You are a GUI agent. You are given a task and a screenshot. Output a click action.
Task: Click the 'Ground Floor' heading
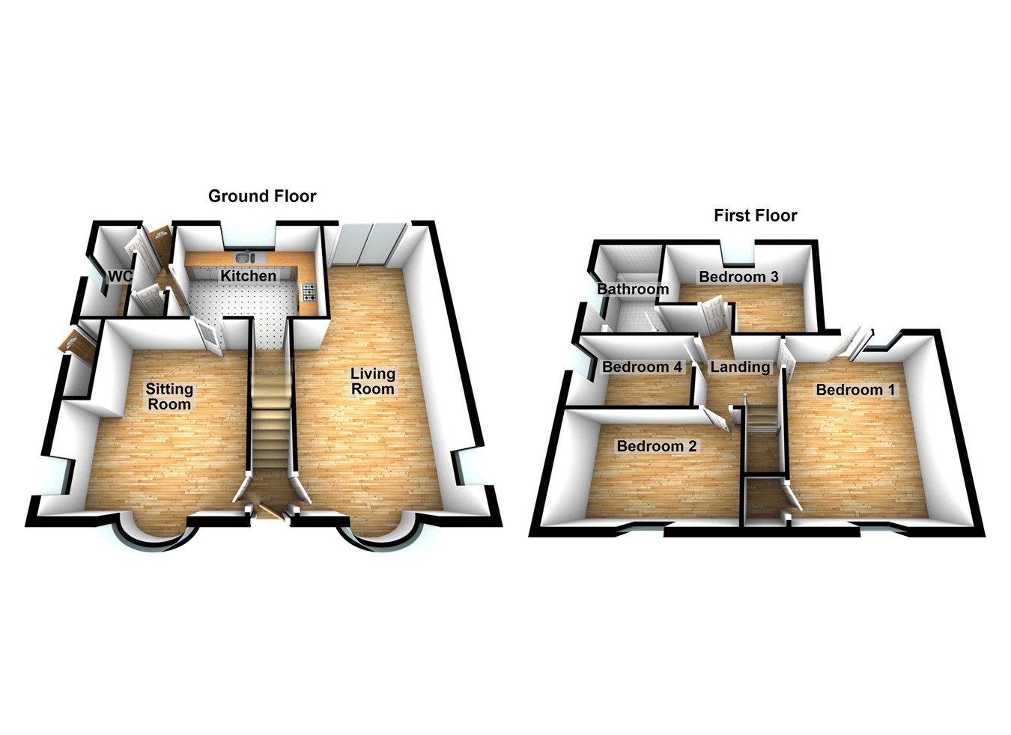(x=262, y=196)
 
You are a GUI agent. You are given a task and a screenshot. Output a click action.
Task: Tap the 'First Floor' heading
(x=755, y=216)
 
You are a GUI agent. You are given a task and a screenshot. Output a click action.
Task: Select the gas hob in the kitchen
(x=309, y=292)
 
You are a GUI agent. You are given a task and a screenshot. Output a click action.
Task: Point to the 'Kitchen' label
(x=248, y=276)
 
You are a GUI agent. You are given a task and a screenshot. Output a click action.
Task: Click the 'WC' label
(x=120, y=276)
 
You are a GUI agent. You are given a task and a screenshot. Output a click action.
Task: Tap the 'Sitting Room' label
(x=169, y=396)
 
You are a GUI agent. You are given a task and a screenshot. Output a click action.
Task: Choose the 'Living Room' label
(x=373, y=381)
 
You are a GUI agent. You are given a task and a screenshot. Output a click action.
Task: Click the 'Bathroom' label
(x=632, y=289)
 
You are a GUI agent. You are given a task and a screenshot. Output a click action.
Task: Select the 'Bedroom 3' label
(x=738, y=277)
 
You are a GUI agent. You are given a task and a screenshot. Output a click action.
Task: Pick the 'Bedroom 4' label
(x=642, y=367)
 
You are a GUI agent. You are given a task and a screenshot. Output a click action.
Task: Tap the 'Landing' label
(x=740, y=367)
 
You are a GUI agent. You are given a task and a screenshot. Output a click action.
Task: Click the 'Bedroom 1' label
(x=855, y=389)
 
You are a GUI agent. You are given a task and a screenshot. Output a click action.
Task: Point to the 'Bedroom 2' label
(x=656, y=446)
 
